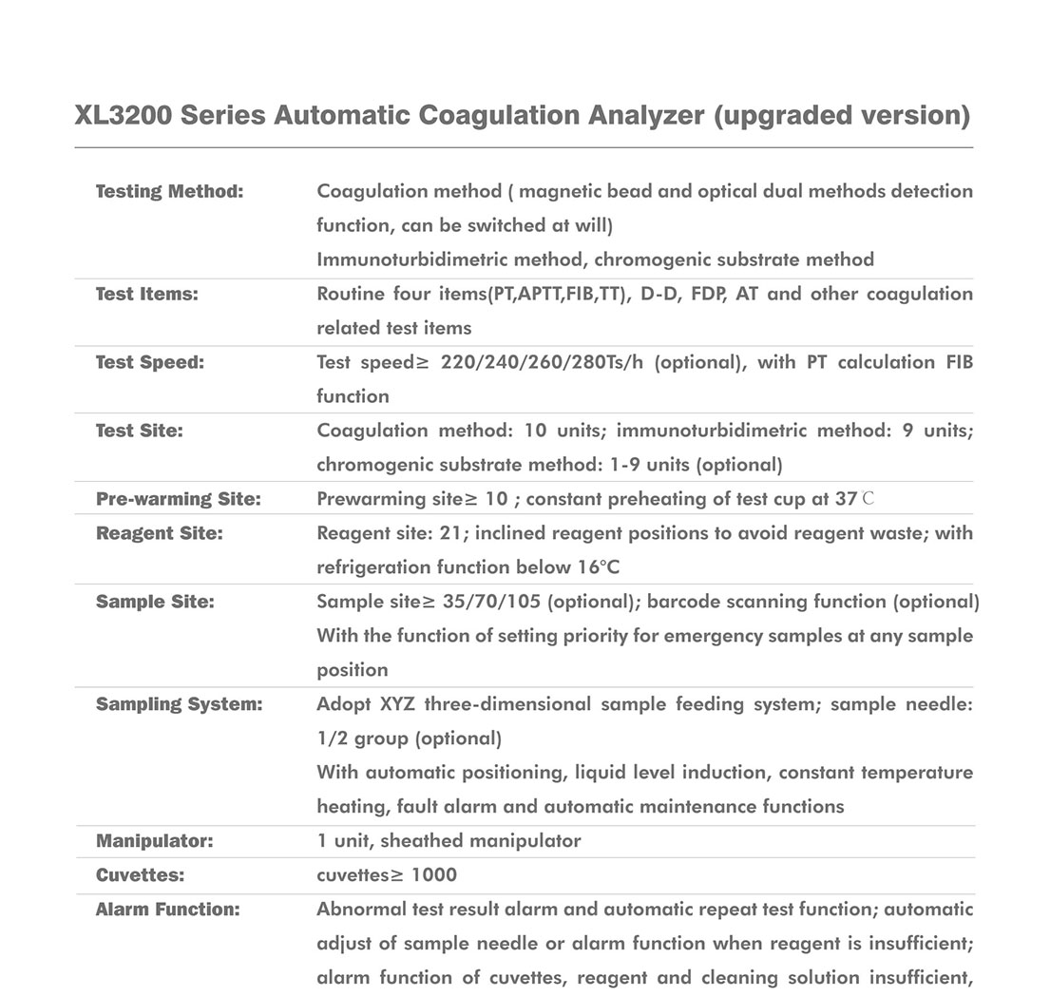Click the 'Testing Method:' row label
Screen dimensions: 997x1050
(169, 191)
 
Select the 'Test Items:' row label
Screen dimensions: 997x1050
(146, 294)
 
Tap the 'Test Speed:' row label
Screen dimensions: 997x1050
(149, 362)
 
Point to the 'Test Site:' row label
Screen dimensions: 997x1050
(139, 431)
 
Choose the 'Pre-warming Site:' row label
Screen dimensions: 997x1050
(178, 499)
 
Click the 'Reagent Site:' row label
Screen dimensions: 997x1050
(159, 533)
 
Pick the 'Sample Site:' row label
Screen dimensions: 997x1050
(155, 602)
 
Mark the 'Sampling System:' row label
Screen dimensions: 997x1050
(179, 704)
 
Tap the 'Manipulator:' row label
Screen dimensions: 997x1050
(154, 841)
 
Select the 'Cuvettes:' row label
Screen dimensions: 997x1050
(140, 875)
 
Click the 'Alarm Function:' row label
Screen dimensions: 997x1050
(167, 910)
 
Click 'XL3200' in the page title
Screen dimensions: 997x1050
(122, 116)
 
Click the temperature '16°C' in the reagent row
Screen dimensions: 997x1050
(598, 567)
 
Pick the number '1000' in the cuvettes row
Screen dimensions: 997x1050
(434, 875)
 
